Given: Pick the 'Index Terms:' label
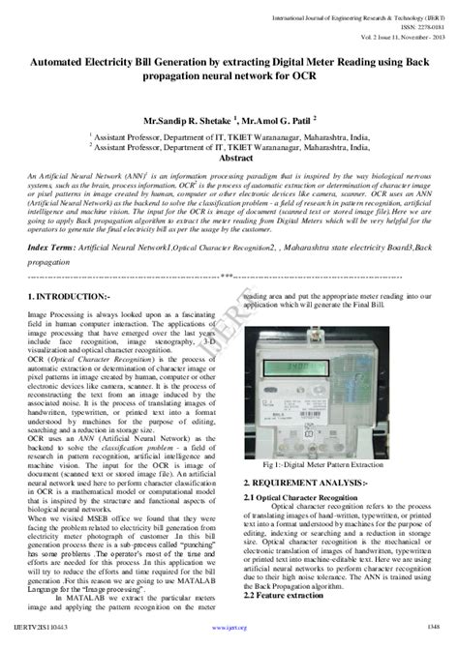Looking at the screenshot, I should (50, 249).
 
